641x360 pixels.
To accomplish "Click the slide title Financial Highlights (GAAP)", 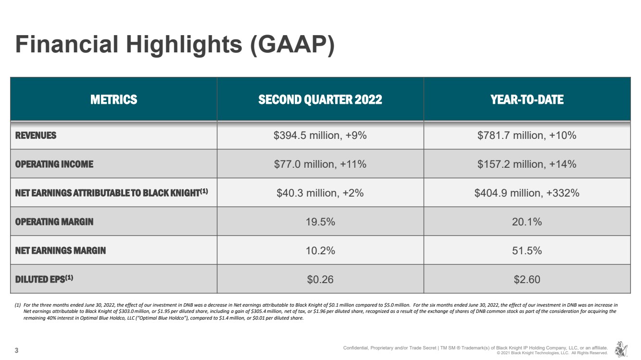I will coord(175,44).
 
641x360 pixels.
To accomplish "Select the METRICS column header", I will coord(113,99).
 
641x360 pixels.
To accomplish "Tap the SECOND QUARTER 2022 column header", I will coord(320,99).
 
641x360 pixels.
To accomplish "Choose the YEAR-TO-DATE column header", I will coord(527,99).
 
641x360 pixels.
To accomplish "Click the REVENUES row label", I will coord(36,136).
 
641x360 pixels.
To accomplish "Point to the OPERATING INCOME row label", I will coord(54,164).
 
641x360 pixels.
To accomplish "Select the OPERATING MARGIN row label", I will coord(54,222).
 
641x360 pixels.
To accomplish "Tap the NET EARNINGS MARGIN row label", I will coord(61,250).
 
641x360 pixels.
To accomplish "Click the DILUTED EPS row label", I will coord(44,279).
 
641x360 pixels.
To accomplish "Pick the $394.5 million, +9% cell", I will coord(320,136).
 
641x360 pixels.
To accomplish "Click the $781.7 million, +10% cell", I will coord(527,136).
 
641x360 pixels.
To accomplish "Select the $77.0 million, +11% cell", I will coord(320,164).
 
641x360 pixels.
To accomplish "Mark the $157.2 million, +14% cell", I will coord(527,164).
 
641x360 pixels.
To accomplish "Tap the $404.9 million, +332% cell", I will coord(527,193).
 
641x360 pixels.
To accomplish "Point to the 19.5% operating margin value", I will coord(320,222).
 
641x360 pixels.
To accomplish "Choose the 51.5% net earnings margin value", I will coord(527,250).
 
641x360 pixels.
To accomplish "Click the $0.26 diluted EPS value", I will coord(320,279).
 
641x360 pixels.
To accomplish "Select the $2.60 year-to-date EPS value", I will coord(527,279).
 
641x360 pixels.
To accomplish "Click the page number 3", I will coord(17,350).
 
